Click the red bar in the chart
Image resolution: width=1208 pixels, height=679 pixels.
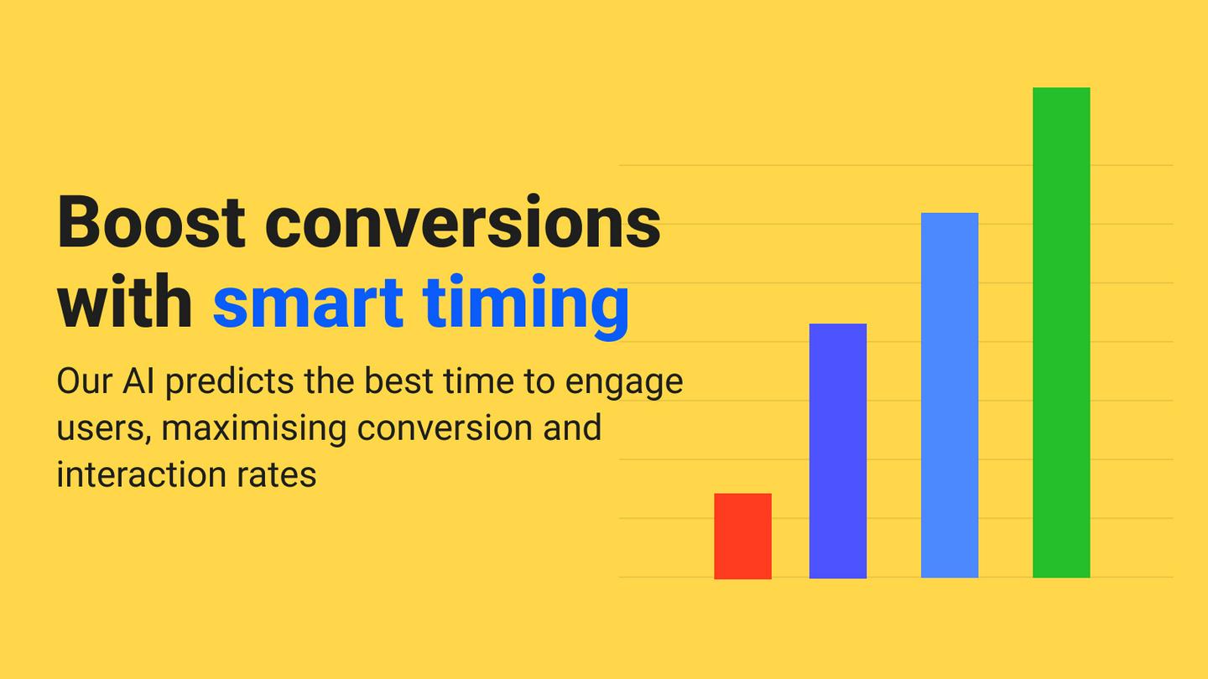(742, 536)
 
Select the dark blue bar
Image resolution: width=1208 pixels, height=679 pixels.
(837, 450)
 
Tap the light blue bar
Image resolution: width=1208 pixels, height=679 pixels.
(949, 395)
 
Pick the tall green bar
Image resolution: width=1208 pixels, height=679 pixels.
(1061, 333)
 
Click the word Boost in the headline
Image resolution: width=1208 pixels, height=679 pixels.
(151, 222)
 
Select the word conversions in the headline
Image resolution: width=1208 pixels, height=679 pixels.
(463, 222)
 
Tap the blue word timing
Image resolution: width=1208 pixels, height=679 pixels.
(526, 306)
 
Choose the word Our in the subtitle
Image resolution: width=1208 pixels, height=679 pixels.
(84, 381)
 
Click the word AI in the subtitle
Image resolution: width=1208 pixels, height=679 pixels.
(138, 381)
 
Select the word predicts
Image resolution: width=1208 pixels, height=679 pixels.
(230, 382)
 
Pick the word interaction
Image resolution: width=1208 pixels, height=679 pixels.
(141, 474)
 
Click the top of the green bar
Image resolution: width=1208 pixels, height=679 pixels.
(1061, 88)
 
